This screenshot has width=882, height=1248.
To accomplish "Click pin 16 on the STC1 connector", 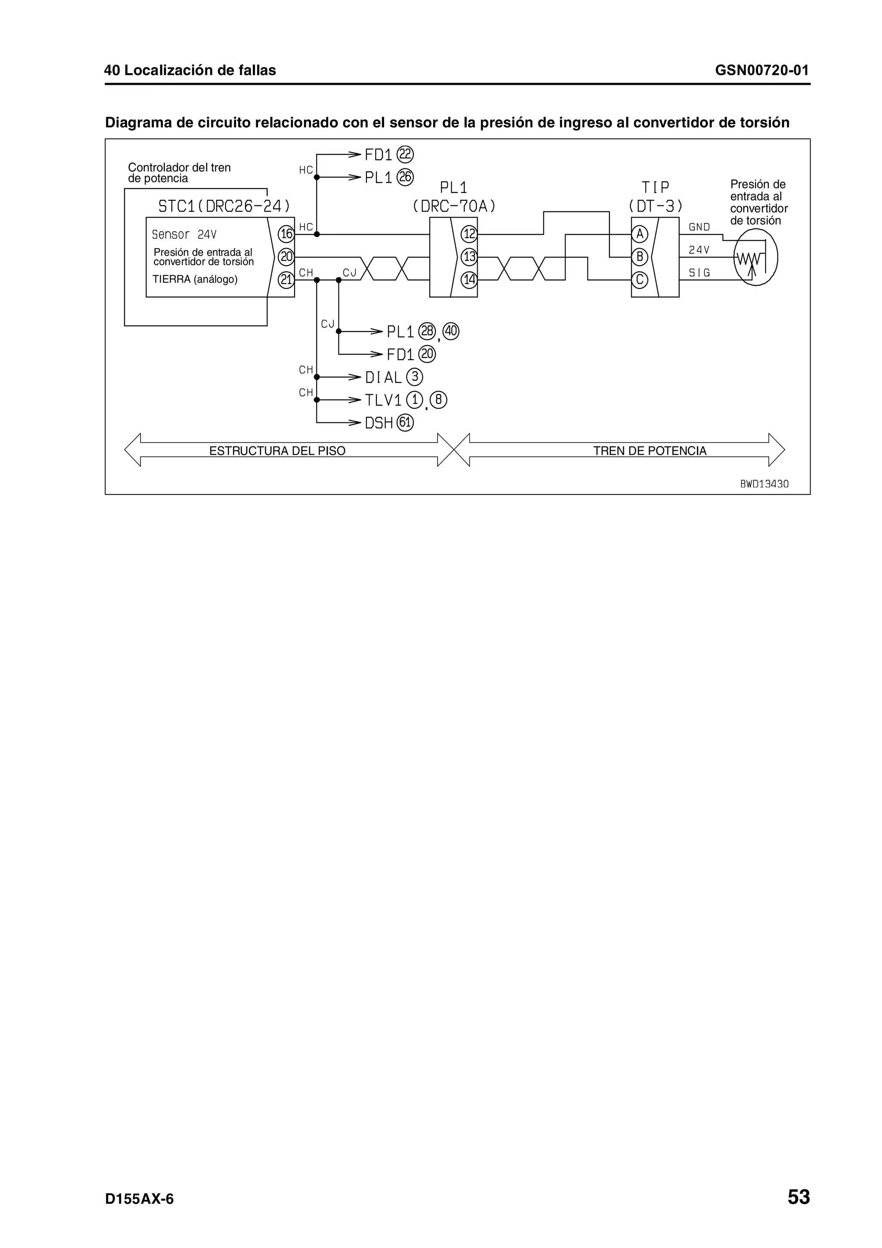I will point(286,234).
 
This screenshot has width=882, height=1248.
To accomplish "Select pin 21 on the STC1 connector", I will point(286,280).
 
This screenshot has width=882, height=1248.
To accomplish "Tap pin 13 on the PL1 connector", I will point(469,257).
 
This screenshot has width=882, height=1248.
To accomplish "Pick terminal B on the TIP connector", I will point(640,257).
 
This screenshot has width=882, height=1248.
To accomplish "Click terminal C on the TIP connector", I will point(640,280).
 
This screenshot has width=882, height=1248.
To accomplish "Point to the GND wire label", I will point(699,227).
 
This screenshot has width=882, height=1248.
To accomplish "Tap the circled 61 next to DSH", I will point(405,422).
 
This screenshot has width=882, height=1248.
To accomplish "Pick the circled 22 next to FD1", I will point(405,155).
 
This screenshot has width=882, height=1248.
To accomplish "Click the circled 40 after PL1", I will point(451,331).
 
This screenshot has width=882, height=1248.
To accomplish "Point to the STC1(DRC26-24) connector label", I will point(224,206).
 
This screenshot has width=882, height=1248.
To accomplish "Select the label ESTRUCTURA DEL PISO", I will point(277,450).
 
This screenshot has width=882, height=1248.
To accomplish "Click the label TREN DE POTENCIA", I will point(649,450).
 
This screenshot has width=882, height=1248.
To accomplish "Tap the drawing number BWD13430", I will point(764,484).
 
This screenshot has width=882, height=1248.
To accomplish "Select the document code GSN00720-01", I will point(761,70).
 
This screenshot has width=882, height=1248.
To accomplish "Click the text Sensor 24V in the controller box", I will point(184,235).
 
